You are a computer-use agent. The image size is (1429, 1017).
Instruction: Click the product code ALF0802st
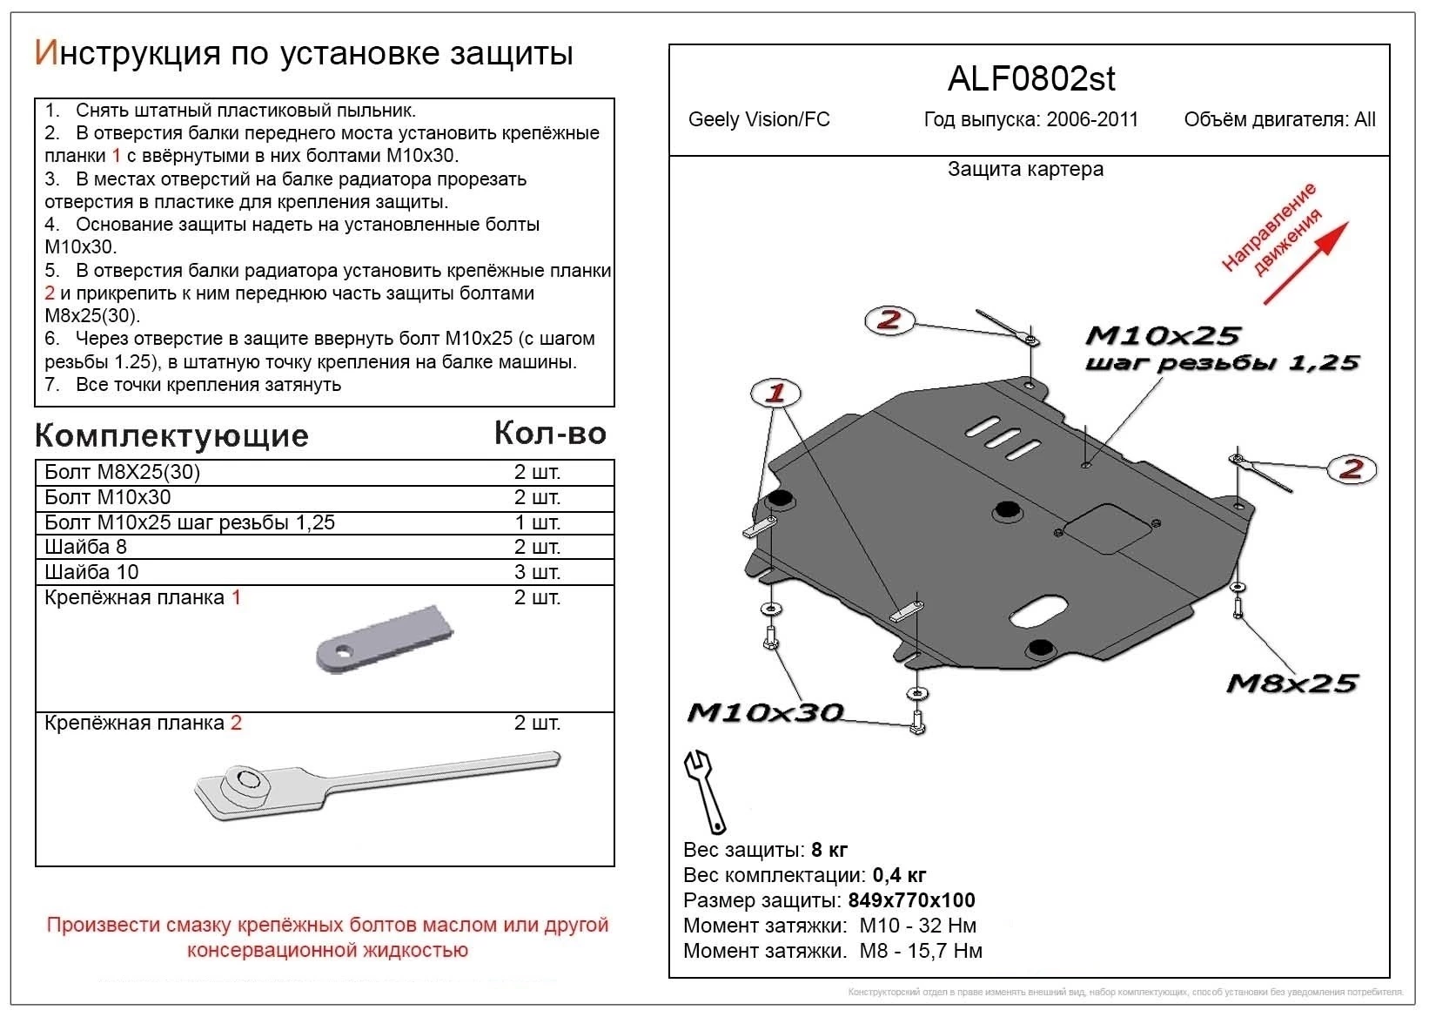tap(1030, 79)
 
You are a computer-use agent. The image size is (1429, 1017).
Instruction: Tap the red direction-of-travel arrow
tap(1305, 263)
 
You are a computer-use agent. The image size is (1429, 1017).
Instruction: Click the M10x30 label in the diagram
tap(765, 713)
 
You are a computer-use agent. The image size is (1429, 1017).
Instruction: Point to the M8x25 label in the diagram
tap(1291, 684)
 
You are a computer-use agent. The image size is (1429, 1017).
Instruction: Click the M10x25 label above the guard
tap(1162, 335)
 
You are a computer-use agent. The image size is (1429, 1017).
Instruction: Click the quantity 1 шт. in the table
tap(537, 522)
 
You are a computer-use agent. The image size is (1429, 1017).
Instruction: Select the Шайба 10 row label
tap(91, 572)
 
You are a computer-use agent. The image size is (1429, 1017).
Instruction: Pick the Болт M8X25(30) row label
tap(122, 472)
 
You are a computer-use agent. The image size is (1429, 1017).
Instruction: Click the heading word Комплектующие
tap(171, 435)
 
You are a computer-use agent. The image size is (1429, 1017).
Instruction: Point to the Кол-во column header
tap(550, 433)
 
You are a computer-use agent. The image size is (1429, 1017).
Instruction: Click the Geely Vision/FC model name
tap(759, 120)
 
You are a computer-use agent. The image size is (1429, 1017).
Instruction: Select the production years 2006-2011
tap(1092, 120)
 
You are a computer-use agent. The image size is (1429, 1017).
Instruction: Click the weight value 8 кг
tap(829, 850)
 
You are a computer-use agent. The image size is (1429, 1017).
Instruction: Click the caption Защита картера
tap(1025, 169)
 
